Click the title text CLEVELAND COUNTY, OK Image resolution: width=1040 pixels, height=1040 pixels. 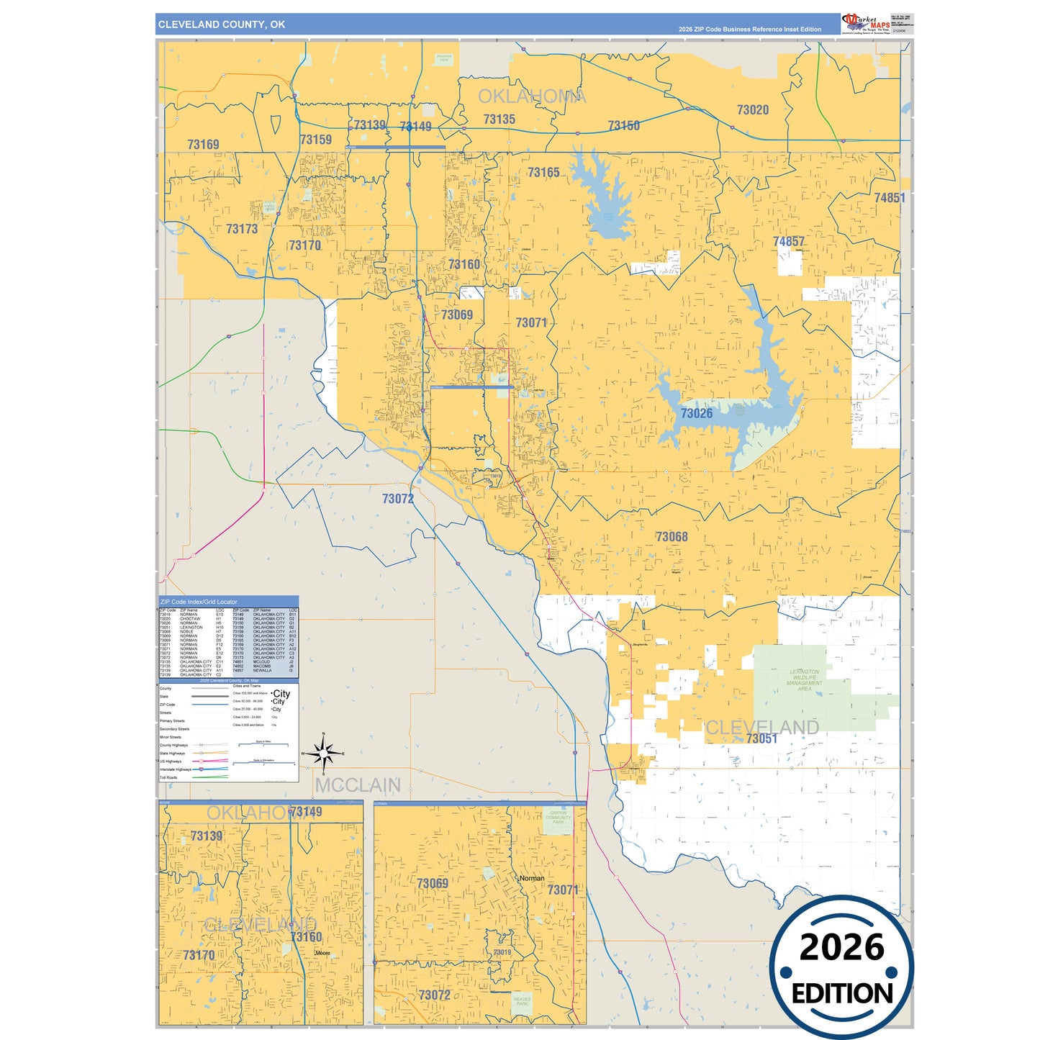pyautogui.click(x=222, y=24)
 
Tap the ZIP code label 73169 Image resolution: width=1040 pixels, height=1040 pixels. pyautogui.click(x=203, y=145)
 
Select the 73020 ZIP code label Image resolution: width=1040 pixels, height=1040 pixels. pyautogui.click(x=752, y=110)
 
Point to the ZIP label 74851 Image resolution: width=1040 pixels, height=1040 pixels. pyautogui.click(x=890, y=198)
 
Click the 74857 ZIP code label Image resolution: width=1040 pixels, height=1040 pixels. pyautogui.click(x=789, y=242)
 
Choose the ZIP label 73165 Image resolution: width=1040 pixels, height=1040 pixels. pyautogui.click(x=543, y=173)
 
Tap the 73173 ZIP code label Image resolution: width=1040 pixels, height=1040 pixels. pyautogui.click(x=242, y=229)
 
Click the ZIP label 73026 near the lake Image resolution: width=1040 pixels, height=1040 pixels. pyautogui.click(x=697, y=413)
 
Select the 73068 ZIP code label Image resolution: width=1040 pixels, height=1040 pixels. pyautogui.click(x=672, y=537)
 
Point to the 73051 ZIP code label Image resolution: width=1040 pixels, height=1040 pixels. pyautogui.click(x=761, y=739)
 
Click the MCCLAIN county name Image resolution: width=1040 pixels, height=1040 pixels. pyautogui.click(x=358, y=785)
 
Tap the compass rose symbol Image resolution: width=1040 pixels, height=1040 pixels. pyautogui.click(x=324, y=754)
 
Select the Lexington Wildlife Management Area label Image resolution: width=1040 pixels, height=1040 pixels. pyautogui.click(x=804, y=680)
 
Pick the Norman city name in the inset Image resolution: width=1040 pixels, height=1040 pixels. pyautogui.click(x=532, y=879)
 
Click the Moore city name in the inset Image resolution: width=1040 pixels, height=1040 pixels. pyautogui.click(x=322, y=953)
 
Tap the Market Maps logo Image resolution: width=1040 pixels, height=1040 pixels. pyautogui.click(x=867, y=23)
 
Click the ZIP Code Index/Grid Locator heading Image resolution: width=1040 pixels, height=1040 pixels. pyautogui.click(x=199, y=602)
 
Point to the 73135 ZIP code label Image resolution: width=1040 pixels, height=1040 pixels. pyautogui.click(x=499, y=119)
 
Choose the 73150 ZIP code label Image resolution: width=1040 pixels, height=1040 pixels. pyautogui.click(x=623, y=126)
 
